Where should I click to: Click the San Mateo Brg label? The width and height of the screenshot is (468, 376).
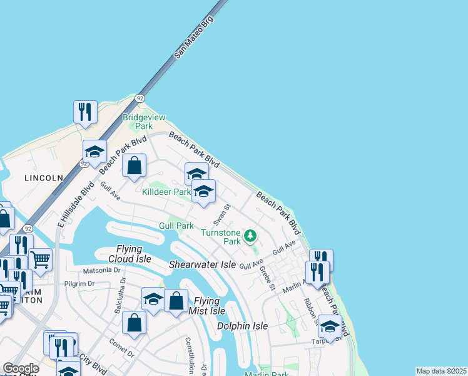point(193,38)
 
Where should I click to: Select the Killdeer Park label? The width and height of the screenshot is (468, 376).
point(166,192)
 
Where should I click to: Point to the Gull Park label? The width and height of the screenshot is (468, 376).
point(176,226)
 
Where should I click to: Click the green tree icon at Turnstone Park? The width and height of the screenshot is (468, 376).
point(250,236)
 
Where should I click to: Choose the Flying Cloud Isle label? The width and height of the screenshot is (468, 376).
point(134,254)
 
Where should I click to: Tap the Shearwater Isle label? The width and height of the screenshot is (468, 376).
point(202,265)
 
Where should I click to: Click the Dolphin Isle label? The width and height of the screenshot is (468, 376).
point(242,326)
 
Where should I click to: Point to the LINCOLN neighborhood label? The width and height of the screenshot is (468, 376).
point(44,178)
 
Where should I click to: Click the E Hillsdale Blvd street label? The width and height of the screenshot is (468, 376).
point(76,204)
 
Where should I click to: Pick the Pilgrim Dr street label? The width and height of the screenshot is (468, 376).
point(79,284)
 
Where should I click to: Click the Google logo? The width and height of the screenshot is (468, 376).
point(21,369)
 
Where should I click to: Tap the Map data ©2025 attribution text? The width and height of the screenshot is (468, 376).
point(440,371)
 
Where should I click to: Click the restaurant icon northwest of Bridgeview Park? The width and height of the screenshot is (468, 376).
point(84,112)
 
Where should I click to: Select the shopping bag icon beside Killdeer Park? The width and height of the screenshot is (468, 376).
point(135,166)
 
